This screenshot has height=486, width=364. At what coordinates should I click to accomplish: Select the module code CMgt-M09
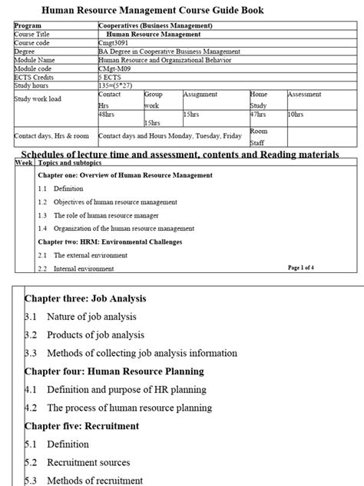coord(115,68)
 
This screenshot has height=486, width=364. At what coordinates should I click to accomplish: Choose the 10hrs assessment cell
coord(295,113)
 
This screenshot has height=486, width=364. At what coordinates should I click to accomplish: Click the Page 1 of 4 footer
coord(306,268)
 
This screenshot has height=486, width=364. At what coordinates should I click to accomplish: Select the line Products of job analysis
coord(95,335)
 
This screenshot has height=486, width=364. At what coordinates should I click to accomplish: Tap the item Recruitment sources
coord(88,462)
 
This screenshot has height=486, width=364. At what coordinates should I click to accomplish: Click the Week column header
coord(23,164)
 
